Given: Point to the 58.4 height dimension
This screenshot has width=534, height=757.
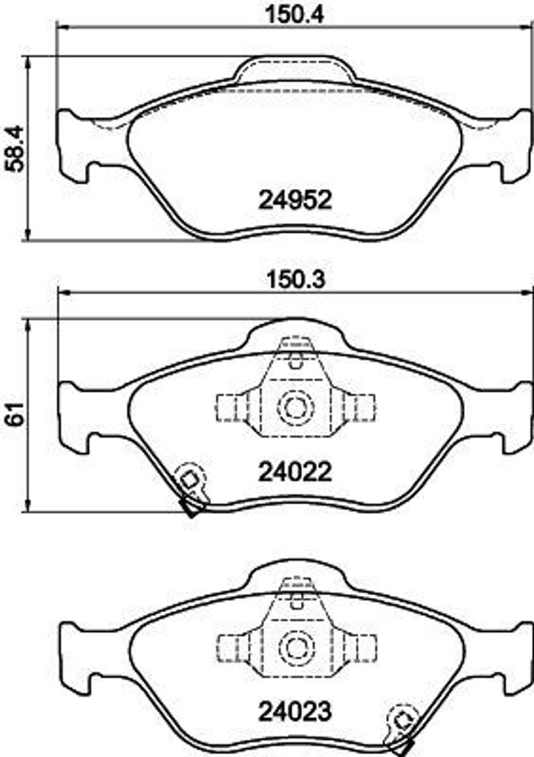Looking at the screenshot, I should click(14, 149).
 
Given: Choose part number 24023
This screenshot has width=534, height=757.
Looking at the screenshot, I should click(294, 710).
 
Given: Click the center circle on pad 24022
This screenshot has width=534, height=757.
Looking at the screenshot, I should click(295, 407).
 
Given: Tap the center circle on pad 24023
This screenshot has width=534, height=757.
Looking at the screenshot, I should click(295, 647).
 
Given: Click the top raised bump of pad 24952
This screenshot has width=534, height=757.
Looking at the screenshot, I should click(294, 70).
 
